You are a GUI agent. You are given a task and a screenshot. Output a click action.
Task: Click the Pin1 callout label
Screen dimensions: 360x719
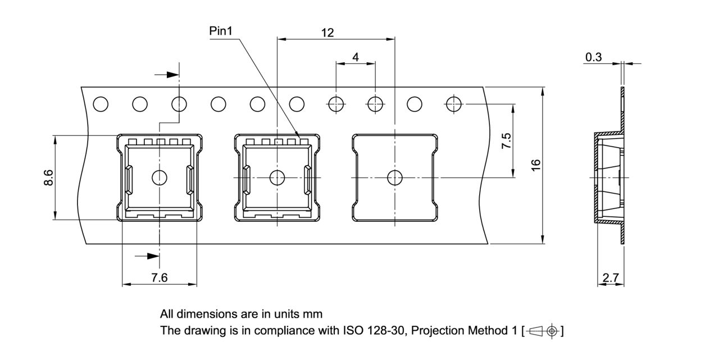(x=220, y=31)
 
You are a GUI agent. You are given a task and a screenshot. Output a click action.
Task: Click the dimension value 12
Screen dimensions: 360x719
(x=327, y=33)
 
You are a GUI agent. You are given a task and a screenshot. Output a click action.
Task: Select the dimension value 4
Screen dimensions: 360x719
(x=356, y=57)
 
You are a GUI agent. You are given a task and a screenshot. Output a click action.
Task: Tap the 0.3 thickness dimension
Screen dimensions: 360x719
(x=593, y=57)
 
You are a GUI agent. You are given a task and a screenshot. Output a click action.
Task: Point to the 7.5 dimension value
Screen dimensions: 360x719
(x=506, y=140)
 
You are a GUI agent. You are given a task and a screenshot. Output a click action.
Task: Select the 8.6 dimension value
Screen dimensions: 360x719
(x=49, y=177)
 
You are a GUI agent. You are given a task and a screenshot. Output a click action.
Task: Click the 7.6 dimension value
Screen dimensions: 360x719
(x=159, y=277)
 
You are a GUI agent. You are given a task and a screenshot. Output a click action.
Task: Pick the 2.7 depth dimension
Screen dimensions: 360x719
(x=610, y=277)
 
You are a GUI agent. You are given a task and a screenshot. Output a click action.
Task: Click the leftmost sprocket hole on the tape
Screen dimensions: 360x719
(x=101, y=104)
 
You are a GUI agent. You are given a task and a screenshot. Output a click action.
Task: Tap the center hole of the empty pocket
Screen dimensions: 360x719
(x=395, y=177)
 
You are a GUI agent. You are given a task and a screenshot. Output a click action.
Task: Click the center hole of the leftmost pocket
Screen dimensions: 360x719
(x=160, y=178)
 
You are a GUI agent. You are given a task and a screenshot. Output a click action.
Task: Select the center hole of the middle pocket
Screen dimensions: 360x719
(x=277, y=178)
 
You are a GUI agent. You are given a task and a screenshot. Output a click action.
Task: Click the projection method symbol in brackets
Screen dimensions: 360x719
(x=543, y=331)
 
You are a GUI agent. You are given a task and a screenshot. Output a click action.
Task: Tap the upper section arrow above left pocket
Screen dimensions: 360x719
(x=164, y=74)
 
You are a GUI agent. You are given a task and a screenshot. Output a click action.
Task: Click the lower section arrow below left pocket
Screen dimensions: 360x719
(x=148, y=256)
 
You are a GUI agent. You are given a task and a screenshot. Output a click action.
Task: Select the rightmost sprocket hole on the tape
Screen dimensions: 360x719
(x=453, y=104)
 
